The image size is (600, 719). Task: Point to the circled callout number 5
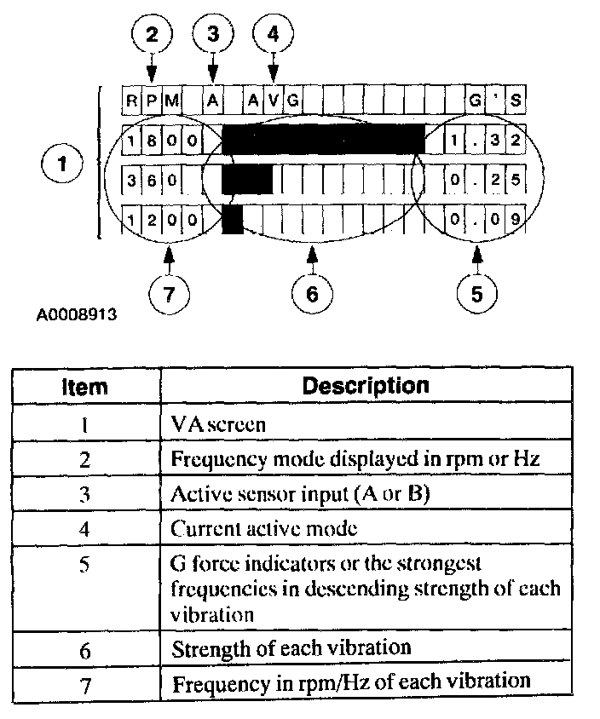click(x=476, y=293)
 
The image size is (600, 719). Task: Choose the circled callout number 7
click(x=168, y=293)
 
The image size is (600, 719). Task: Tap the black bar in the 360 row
click(x=247, y=180)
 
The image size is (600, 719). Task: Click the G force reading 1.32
click(x=485, y=140)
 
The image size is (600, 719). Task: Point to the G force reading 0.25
click(x=485, y=180)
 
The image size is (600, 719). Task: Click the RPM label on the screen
click(x=152, y=101)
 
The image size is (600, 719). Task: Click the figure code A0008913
click(x=77, y=314)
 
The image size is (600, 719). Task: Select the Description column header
click(x=366, y=385)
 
